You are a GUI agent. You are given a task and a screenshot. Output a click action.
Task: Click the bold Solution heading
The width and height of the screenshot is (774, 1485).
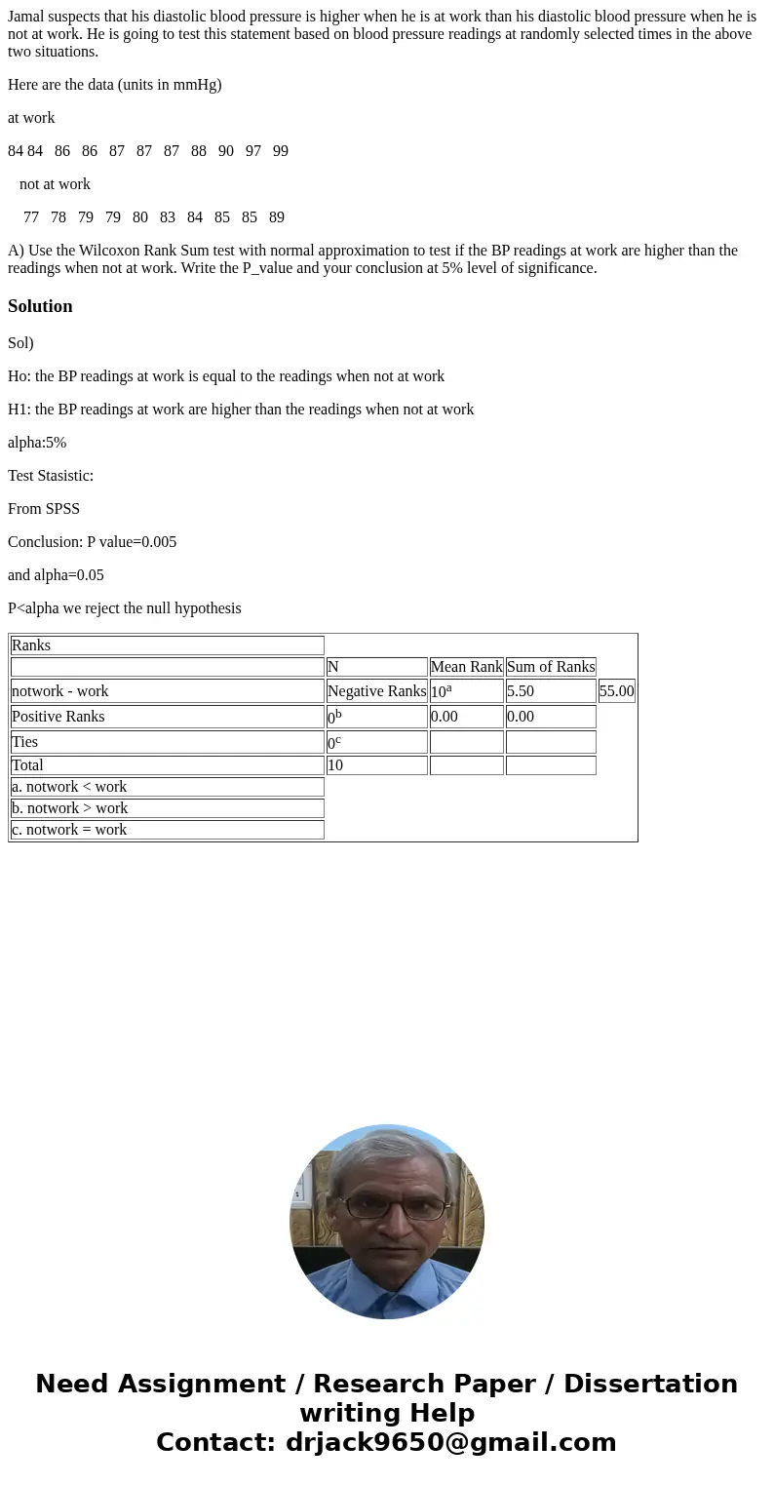pyautogui.click(x=40, y=306)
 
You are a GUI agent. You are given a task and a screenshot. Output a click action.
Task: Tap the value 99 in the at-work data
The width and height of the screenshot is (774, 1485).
pyautogui.click(x=280, y=151)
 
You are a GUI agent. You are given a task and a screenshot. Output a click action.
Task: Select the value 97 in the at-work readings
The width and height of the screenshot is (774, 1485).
pyautogui.click(x=252, y=151)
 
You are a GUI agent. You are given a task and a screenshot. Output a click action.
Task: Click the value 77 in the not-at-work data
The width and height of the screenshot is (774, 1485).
pyautogui.click(x=31, y=217)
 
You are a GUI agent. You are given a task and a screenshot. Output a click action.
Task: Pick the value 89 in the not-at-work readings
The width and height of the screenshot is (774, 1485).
pyautogui.click(x=277, y=217)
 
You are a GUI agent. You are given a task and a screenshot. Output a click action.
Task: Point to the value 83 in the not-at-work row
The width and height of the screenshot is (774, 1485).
pyautogui.click(x=168, y=217)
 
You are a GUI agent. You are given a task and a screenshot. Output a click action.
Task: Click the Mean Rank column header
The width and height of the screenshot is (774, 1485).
pyautogui.click(x=466, y=667)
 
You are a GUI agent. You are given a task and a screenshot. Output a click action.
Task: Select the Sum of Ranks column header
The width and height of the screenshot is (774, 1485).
pyautogui.click(x=551, y=667)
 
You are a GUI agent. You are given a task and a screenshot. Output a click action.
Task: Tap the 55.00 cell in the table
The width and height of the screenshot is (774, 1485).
pyautogui.click(x=616, y=691)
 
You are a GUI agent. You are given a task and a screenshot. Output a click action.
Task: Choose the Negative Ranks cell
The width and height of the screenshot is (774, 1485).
pyautogui.click(x=376, y=691)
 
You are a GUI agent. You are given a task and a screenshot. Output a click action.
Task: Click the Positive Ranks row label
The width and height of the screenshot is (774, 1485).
pyautogui.click(x=58, y=717)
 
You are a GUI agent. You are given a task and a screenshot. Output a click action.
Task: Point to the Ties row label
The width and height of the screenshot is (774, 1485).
pyautogui.click(x=25, y=742)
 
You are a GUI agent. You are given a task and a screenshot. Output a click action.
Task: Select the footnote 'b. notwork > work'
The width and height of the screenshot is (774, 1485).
pyautogui.click(x=70, y=808)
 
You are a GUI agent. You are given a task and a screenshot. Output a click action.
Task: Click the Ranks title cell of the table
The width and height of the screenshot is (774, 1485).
pyautogui.click(x=31, y=645)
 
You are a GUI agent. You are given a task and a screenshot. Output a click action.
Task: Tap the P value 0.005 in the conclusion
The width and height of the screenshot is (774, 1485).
pyautogui.click(x=159, y=542)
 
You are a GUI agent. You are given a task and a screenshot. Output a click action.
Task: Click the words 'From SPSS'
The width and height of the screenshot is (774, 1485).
pyautogui.click(x=44, y=509)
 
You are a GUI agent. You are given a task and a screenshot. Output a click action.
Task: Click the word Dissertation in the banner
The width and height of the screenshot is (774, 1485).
pyautogui.click(x=650, y=1385)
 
